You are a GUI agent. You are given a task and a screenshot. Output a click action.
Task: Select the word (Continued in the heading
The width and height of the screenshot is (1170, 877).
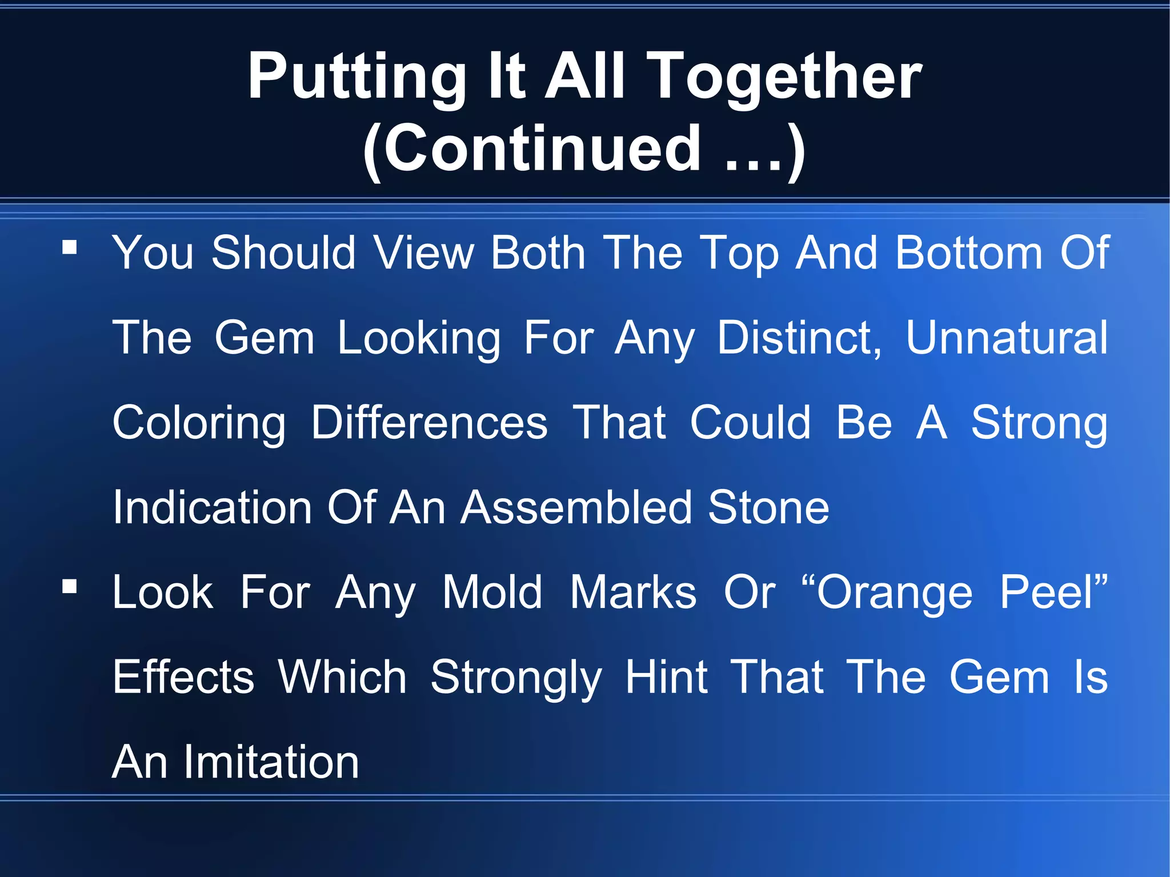pyautogui.click(x=532, y=150)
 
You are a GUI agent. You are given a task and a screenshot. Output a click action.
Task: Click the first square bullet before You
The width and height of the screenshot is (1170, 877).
pyautogui.click(x=70, y=247)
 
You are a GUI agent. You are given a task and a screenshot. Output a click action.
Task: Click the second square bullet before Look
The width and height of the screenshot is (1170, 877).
pyautogui.click(x=70, y=586)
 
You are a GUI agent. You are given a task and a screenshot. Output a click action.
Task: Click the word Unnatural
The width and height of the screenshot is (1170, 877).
pyautogui.click(x=1007, y=338)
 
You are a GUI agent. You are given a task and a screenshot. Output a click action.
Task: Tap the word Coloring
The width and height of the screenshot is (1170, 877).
pyautogui.click(x=199, y=423)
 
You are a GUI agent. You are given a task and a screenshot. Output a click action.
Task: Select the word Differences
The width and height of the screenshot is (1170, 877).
pyautogui.click(x=429, y=423)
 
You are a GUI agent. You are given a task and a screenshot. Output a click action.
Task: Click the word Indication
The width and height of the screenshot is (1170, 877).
pyautogui.click(x=212, y=507)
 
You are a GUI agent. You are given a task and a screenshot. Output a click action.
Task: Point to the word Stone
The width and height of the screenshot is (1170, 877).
pyautogui.click(x=768, y=507)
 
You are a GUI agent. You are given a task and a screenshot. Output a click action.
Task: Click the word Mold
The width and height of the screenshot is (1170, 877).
pyautogui.click(x=492, y=592)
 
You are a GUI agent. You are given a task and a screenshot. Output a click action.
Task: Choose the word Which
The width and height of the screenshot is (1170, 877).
pyautogui.click(x=342, y=677)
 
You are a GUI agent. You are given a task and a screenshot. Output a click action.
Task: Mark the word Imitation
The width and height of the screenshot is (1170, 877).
pyautogui.click(x=271, y=762)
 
